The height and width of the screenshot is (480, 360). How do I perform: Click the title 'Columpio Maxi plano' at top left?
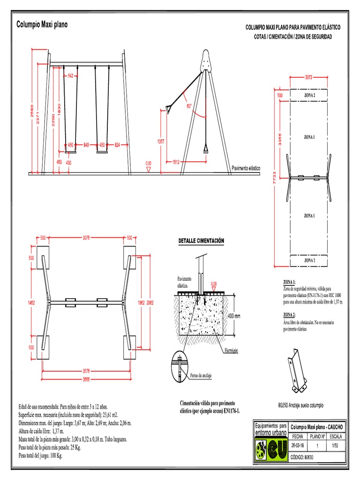42,24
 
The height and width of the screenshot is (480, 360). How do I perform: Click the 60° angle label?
189,106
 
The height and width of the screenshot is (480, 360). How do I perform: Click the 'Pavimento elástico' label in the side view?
246,168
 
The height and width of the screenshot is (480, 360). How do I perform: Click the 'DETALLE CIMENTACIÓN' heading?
201,241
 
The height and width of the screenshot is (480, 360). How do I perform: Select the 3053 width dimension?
309,78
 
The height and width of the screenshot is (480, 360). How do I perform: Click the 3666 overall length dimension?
86,378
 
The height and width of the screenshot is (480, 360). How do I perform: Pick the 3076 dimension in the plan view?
86,238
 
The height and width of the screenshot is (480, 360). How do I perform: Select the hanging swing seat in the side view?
205,149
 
